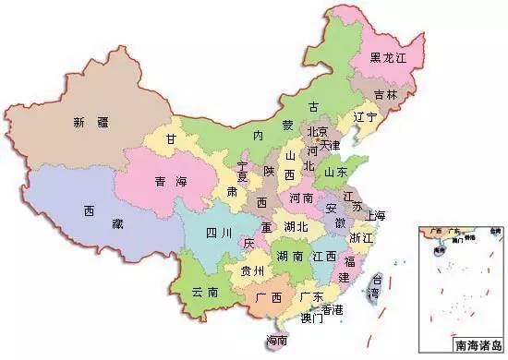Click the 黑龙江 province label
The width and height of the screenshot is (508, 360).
point(388,58)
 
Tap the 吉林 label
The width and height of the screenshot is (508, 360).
point(387,94)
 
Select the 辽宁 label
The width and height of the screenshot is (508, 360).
point(365,118)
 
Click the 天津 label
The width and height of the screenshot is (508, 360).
point(331,145)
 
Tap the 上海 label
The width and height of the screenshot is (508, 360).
point(376,216)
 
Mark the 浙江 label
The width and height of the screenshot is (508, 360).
point(361,237)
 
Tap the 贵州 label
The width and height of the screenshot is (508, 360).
point(251,270)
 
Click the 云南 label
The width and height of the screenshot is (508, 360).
point(205,291)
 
